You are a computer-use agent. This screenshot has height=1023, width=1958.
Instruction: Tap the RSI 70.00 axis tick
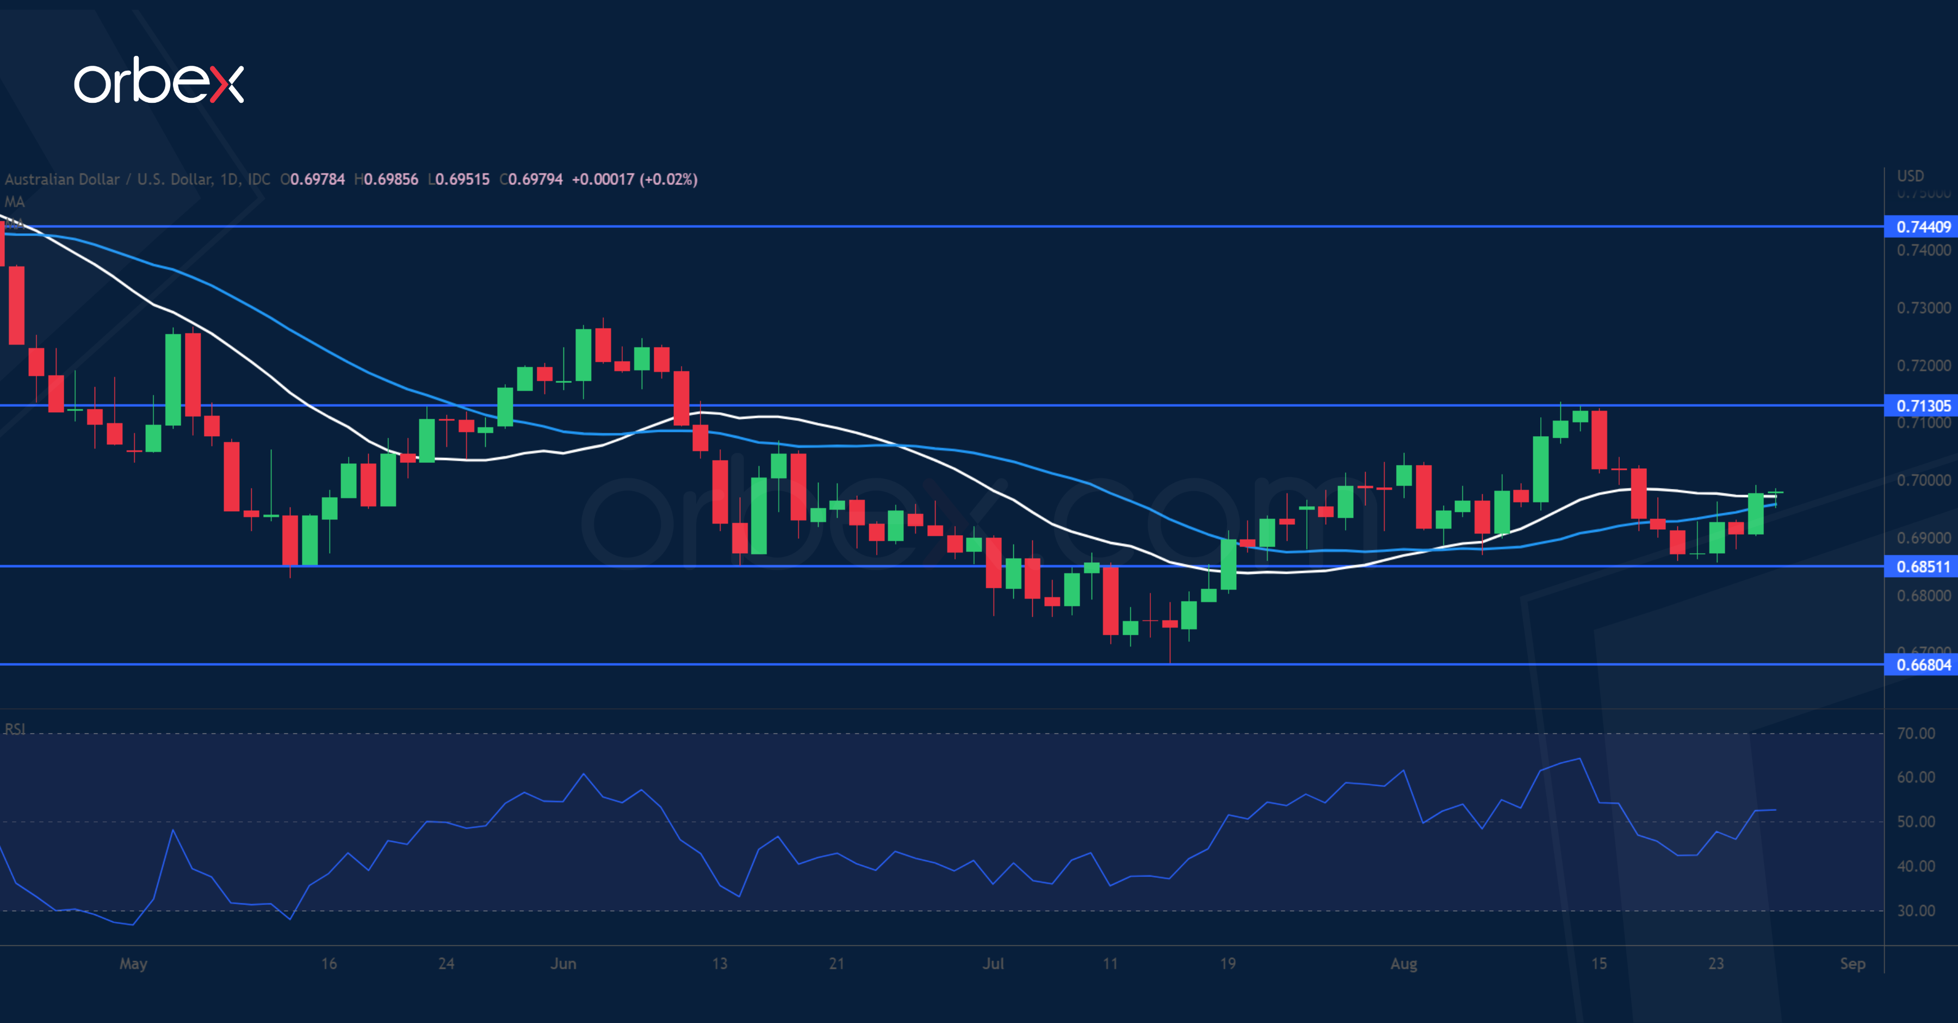(1916, 734)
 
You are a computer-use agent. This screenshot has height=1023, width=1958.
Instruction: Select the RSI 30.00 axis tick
(1916, 910)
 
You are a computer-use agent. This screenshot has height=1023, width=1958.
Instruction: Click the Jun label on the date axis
(563, 964)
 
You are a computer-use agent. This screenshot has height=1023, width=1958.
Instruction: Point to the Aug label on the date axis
(1403, 964)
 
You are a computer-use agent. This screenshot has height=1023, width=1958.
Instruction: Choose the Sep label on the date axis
(1852, 964)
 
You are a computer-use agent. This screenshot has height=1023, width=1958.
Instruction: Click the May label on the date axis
(133, 964)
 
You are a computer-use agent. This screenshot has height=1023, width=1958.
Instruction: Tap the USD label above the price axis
(1910, 176)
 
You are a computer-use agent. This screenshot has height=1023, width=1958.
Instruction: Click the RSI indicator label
(15, 729)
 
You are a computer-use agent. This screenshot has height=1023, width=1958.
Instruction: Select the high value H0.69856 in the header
(386, 179)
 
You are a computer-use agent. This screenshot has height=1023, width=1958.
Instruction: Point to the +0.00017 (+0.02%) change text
(634, 179)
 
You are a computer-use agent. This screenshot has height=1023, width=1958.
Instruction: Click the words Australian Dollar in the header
(63, 179)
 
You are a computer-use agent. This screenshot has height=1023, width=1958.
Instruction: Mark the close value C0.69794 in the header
(531, 179)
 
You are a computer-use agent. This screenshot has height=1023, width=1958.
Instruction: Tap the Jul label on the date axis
(993, 964)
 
